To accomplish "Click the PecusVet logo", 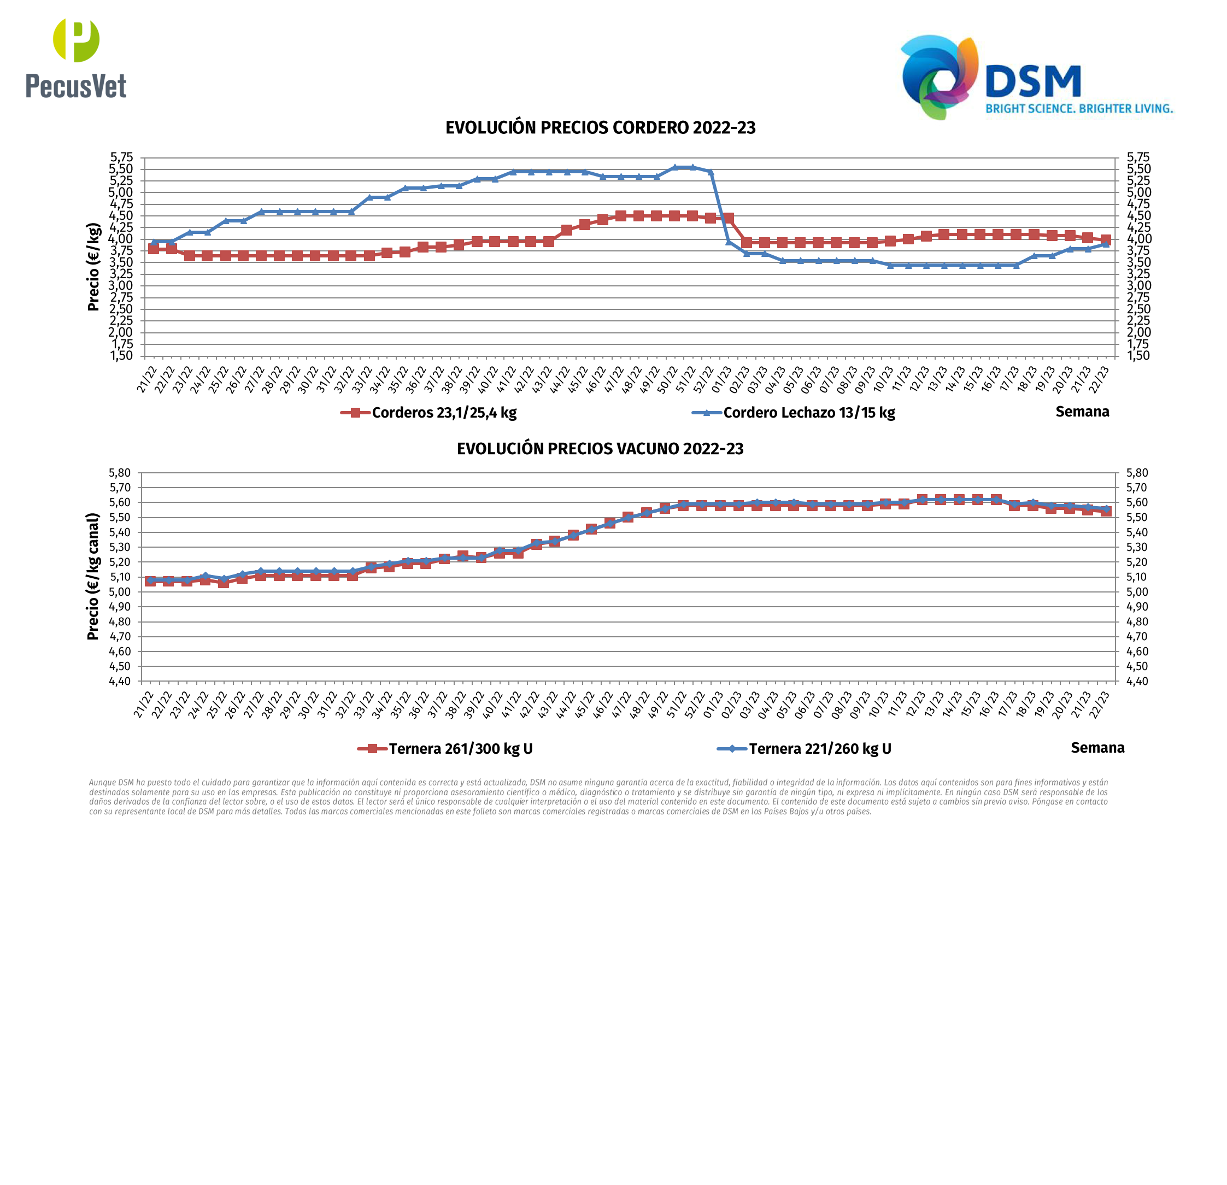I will point(76,58).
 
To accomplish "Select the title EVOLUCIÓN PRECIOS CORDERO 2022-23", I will point(600,128).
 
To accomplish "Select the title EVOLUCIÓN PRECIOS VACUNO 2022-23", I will point(600,449).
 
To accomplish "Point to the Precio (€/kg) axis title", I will point(93,267).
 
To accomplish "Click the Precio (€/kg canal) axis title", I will point(93,577).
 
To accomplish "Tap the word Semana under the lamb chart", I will point(1082,411).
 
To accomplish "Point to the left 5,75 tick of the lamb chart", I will point(121,157).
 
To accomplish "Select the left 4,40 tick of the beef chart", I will point(120,681).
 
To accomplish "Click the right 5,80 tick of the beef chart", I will point(1137,473).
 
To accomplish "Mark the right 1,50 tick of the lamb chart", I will point(1138,356).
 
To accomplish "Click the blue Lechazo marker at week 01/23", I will point(729,242).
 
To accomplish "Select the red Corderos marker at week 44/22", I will point(567,230).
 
